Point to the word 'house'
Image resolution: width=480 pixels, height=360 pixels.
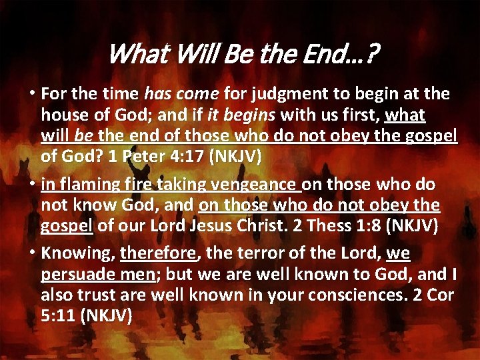(x=61, y=115)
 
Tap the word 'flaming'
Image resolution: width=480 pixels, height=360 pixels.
(x=85, y=185)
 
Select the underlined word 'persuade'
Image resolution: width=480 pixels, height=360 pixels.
(x=74, y=275)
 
